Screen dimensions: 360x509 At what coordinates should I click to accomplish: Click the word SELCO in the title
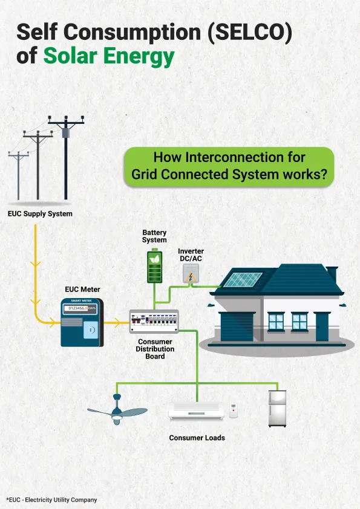[249, 32]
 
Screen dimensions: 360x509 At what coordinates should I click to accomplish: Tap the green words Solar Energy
[109, 56]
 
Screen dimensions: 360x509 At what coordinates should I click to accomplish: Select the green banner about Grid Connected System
[229, 166]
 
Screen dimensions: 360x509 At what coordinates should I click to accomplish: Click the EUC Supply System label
[40, 213]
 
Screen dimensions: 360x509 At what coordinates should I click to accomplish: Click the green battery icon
[155, 265]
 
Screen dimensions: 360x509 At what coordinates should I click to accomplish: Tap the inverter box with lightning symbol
[191, 273]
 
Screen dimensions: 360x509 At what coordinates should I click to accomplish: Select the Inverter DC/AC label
[191, 255]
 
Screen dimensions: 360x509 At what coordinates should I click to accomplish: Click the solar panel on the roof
[243, 279]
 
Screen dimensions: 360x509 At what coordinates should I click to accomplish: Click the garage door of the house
[237, 326]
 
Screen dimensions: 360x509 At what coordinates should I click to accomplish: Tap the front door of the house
[322, 326]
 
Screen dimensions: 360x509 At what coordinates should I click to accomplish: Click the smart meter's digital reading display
[80, 308]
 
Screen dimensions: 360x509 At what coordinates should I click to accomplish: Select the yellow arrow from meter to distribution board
[117, 323]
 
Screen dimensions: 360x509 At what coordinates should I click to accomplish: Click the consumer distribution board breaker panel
[154, 322]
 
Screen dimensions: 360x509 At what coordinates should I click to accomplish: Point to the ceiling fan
[117, 410]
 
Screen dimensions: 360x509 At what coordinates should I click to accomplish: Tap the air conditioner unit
[196, 412]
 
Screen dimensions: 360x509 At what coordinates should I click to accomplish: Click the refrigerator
[278, 409]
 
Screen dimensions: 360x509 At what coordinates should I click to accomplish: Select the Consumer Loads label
[197, 438]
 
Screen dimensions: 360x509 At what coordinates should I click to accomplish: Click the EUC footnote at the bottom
[51, 499]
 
